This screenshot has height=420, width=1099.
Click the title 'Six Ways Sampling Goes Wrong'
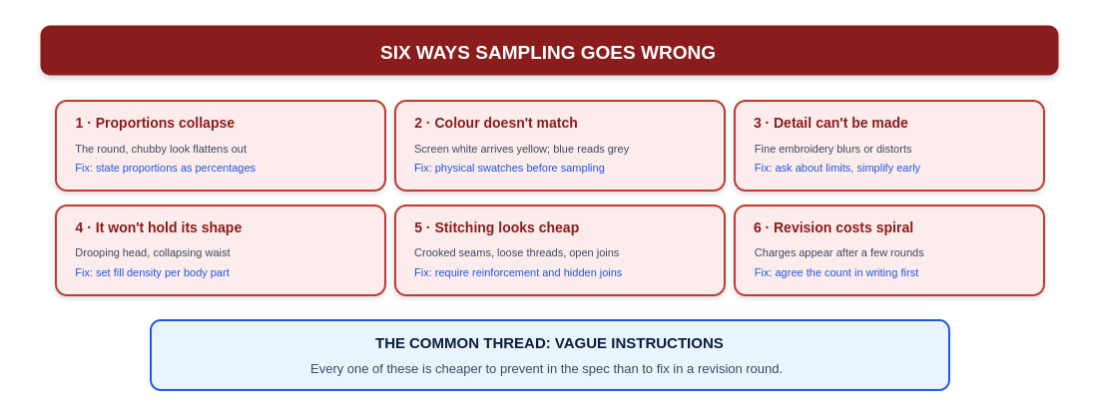point(548,53)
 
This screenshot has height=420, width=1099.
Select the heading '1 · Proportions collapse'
point(155,123)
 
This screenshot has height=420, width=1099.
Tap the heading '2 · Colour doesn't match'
point(496,123)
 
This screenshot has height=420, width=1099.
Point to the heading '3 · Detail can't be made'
point(830,123)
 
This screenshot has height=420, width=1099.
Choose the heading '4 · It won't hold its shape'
point(159,227)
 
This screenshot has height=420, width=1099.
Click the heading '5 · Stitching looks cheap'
point(497,227)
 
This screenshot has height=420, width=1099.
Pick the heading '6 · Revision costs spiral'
point(833,227)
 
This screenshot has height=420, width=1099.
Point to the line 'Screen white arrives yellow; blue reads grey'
point(521,149)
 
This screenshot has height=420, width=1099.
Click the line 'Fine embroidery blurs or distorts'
point(832,149)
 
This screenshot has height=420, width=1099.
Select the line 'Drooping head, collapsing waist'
point(153,252)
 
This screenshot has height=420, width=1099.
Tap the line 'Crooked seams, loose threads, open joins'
point(516,252)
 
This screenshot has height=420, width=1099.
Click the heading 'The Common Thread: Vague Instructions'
point(549,343)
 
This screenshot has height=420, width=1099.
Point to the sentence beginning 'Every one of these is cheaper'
point(547,369)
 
